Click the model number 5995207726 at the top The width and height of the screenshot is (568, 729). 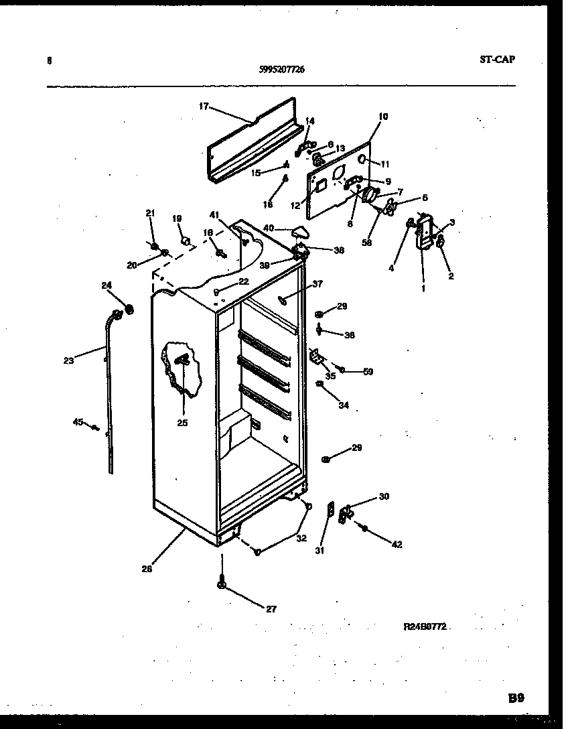tap(281, 68)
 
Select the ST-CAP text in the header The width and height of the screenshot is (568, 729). tap(498, 59)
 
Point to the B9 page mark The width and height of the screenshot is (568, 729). tap(516, 698)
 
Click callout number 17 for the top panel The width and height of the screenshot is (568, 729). tap(204, 105)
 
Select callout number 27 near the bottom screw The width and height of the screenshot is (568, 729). tap(271, 609)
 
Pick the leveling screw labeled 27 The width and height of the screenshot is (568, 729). tap(221, 584)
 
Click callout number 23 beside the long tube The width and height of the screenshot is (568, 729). tap(68, 360)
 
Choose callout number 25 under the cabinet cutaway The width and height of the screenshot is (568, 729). tap(182, 423)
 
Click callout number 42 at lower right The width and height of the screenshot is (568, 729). tap(397, 545)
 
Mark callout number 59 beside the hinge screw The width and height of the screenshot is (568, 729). tap(368, 371)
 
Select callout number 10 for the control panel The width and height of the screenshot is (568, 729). tap(382, 117)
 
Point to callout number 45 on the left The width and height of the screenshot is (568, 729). tap(78, 421)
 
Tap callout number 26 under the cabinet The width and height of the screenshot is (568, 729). tap(147, 569)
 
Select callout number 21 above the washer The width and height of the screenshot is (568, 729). tap(151, 213)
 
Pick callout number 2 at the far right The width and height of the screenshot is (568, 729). tap(451, 275)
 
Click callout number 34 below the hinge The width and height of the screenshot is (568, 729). tap(344, 405)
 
